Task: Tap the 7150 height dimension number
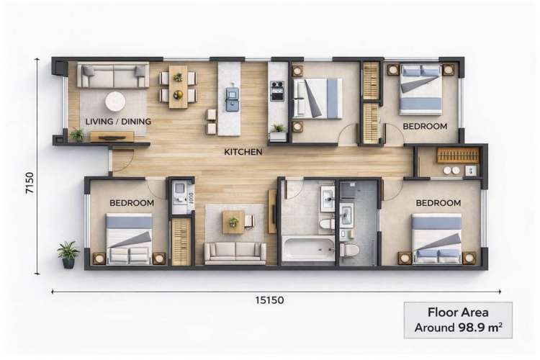(27, 166)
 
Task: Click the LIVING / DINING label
(118, 122)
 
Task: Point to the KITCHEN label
(243, 152)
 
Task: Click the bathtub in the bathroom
(307, 248)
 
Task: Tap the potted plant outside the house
(68, 253)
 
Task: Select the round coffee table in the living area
(116, 101)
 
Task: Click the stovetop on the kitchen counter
(277, 91)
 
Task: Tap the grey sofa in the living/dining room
(114, 75)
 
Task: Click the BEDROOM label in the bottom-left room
(132, 203)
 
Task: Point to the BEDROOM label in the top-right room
(425, 126)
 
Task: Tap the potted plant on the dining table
(177, 77)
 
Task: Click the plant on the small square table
(233, 222)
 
